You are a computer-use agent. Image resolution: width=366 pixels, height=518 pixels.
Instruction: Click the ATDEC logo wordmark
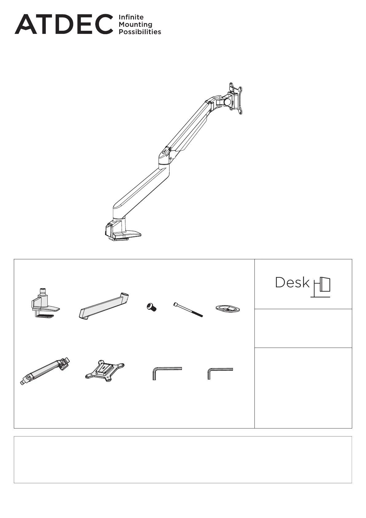click(64, 24)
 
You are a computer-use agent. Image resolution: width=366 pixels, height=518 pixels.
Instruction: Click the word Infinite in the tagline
click(131, 17)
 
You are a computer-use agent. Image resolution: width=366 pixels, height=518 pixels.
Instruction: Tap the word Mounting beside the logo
click(136, 25)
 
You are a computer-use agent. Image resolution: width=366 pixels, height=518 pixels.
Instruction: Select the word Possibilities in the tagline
click(140, 32)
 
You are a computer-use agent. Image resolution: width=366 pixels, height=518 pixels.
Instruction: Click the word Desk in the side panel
click(292, 282)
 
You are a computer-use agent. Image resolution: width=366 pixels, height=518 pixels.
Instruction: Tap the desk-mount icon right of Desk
click(321, 287)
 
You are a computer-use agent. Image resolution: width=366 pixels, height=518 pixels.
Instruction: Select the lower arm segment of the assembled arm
click(141, 190)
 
